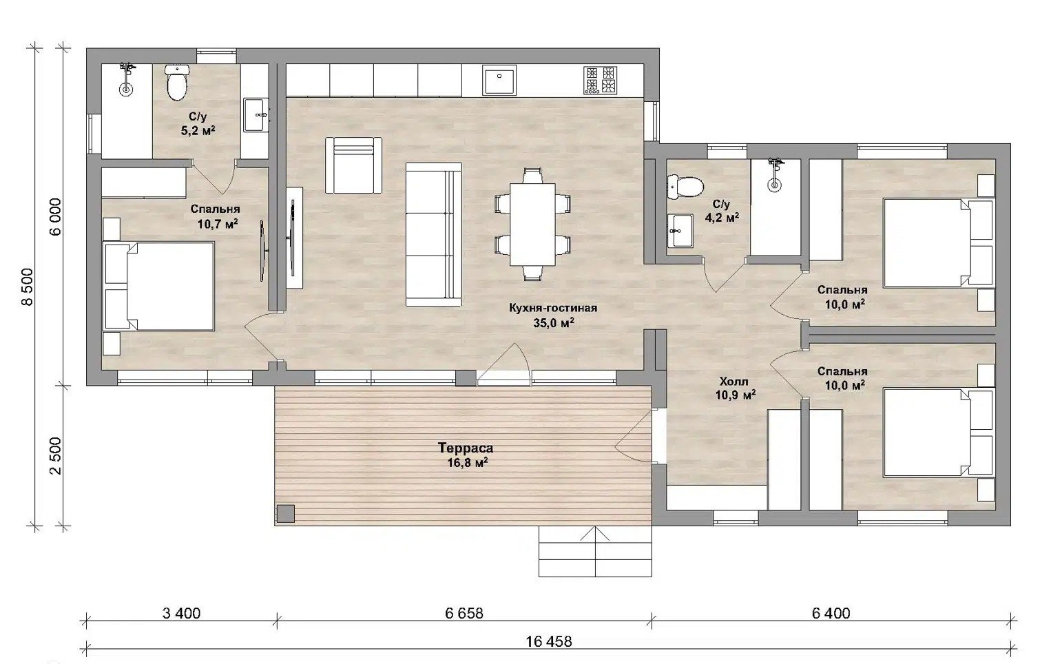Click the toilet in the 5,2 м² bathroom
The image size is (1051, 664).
176,83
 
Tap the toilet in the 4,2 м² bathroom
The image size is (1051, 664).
685,186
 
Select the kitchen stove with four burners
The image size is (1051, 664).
600,80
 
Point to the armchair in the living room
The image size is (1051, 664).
353,165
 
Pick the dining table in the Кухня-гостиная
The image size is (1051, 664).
532,225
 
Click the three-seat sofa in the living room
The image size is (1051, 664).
433,235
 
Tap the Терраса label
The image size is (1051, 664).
466,448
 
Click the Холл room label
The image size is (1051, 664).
733,382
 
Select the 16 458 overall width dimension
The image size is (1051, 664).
549,641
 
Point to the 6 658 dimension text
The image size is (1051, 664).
464,613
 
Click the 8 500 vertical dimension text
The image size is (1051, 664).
28,287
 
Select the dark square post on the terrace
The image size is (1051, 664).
285,513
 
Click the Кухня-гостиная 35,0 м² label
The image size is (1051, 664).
553,315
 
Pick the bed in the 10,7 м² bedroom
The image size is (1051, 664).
158,286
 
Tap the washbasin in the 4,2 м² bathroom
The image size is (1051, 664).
680,231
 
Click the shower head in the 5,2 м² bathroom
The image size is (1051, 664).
126,68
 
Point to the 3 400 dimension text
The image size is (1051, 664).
181,613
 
